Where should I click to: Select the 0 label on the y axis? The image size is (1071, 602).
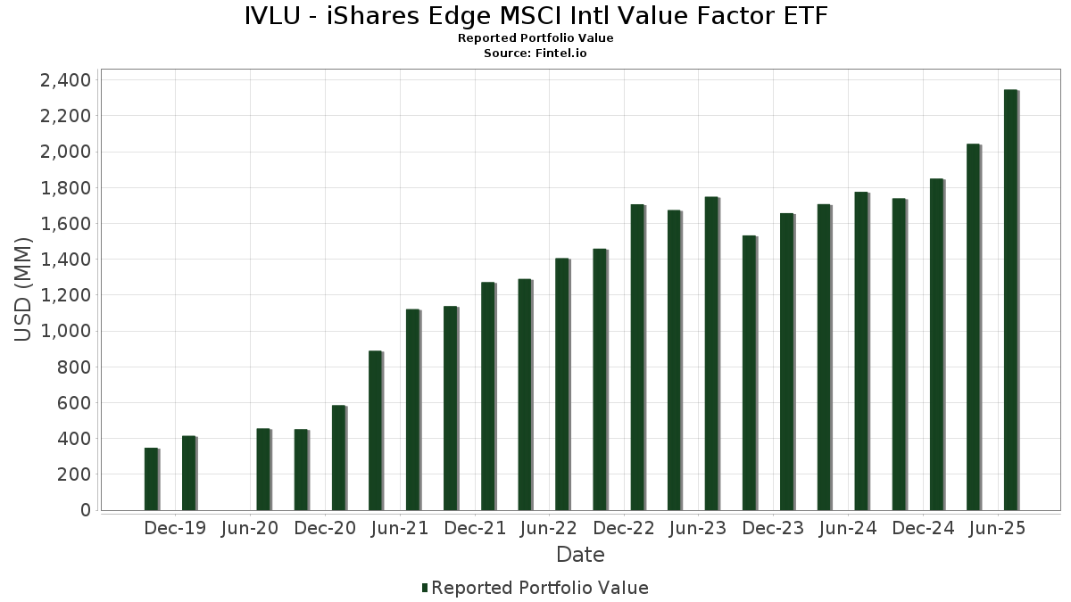[86, 510]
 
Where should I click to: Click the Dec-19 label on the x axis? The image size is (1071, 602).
[175, 528]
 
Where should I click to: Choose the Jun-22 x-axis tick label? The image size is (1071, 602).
[549, 528]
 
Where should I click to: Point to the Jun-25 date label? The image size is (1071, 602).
[998, 528]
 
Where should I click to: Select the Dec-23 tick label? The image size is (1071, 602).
[773, 528]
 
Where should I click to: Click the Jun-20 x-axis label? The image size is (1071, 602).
[250, 528]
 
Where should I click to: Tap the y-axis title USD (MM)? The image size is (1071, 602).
[24, 290]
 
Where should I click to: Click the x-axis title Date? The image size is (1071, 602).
[580, 555]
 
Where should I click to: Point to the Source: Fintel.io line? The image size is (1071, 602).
[535, 53]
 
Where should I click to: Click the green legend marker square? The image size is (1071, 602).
[425, 588]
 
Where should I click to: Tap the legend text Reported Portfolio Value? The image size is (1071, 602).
[540, 588]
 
